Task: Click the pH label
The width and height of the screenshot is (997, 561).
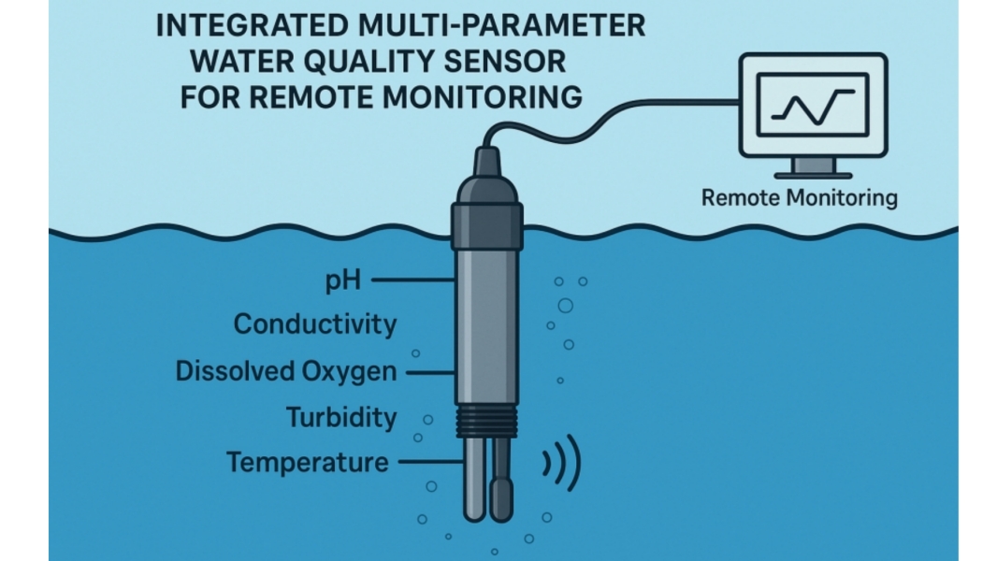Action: coord(343,280)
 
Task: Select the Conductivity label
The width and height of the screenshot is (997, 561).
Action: coord(314,324)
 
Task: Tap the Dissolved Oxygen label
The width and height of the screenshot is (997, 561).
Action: coord(286,371)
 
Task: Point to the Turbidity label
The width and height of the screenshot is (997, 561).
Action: coord(341,417)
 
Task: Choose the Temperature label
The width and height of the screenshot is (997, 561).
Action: coord(307,462)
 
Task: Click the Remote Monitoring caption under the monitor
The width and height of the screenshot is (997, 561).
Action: coord(799,198)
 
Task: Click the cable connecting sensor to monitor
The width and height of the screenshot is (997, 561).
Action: coord(599,121)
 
